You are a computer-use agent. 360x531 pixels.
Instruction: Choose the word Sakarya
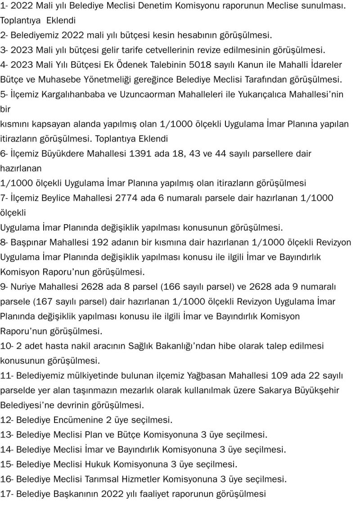[274, 390]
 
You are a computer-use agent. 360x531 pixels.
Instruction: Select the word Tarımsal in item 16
[103, 479]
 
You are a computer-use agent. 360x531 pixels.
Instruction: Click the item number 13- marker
[7, 435]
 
